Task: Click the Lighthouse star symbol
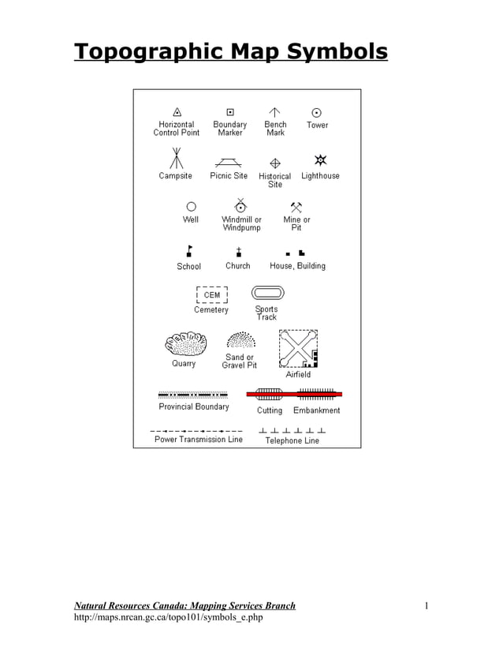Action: click(x=319, y=160)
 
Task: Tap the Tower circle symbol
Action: click(x=317, y=113)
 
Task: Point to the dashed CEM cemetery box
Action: click(x=211, y=295)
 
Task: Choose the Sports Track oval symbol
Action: click(x=266, y=294)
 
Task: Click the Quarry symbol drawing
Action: click(x=185, y=344)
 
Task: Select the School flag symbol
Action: click(x=188, y=251)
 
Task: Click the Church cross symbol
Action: click(x=238, y=252)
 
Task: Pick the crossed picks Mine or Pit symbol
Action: click(x=296, y=207)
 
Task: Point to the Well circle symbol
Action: click(x=191, y=207)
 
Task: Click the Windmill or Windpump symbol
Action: click(x=240, y=205)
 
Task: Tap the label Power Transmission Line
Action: click(x=199, y=440)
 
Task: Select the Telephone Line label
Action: click(x=292, y=440)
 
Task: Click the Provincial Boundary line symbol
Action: click(x=193, y=394)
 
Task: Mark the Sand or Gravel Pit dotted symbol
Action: click(x=240, y=340)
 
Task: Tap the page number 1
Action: click(x=427, y=605)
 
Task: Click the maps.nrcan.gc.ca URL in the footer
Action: click(x=168, y=617)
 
